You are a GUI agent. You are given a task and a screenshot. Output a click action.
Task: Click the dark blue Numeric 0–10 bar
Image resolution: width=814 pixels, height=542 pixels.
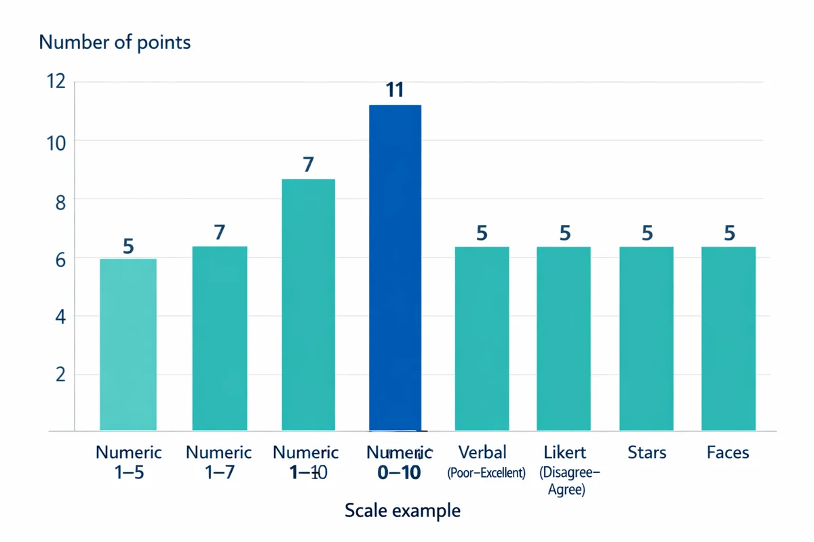click(395, 268)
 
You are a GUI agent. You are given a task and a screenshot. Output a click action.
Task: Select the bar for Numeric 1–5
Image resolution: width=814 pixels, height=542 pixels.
click(128, 344)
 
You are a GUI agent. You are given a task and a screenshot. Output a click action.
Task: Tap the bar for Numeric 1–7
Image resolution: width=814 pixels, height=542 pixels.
click(220, 338)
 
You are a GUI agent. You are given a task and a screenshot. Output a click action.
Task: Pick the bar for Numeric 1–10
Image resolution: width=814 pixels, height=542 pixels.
click(308, 304)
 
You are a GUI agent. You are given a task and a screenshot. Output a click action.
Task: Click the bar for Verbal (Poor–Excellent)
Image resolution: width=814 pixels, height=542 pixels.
click(482, 338)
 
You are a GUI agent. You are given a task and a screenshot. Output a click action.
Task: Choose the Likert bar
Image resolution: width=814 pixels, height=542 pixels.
click(564, 338)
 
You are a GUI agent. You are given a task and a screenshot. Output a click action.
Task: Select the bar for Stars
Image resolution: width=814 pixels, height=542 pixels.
click(646, 338)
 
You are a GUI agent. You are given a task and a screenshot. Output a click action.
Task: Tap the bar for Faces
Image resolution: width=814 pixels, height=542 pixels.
click(729, 338)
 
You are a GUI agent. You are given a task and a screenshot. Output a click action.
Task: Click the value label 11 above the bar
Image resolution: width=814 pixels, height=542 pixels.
click(395, 90)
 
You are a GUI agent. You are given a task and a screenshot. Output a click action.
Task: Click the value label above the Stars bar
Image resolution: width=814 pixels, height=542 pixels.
click(647, 234)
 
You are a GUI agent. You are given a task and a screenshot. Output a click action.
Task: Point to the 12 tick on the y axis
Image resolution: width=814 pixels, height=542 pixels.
click(56, 82)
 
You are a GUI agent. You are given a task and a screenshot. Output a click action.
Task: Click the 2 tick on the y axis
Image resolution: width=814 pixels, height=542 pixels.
click(60, 375)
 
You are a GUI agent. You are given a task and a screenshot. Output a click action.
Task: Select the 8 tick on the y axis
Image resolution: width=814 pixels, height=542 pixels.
click(60, 200)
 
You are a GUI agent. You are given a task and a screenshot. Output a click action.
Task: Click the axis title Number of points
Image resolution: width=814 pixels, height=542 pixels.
click(115, 43)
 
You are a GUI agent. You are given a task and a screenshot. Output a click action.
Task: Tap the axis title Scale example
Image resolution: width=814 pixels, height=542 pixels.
click(402, 510)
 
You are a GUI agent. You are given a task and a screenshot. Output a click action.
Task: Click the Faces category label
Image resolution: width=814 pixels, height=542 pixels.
click(728, 453)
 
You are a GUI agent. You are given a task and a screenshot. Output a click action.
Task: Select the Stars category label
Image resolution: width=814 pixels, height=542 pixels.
click(646, 453)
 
